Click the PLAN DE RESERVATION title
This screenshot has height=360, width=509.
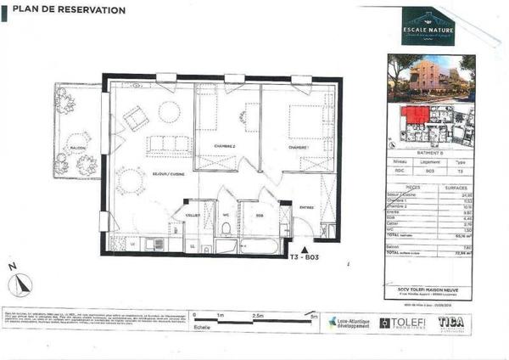(x=65, y=11)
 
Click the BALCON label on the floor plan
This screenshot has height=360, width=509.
(x=78, y=146)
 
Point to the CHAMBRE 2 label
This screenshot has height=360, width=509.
(x=224, y=146)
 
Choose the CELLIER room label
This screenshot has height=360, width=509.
(x=193, y=215)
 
